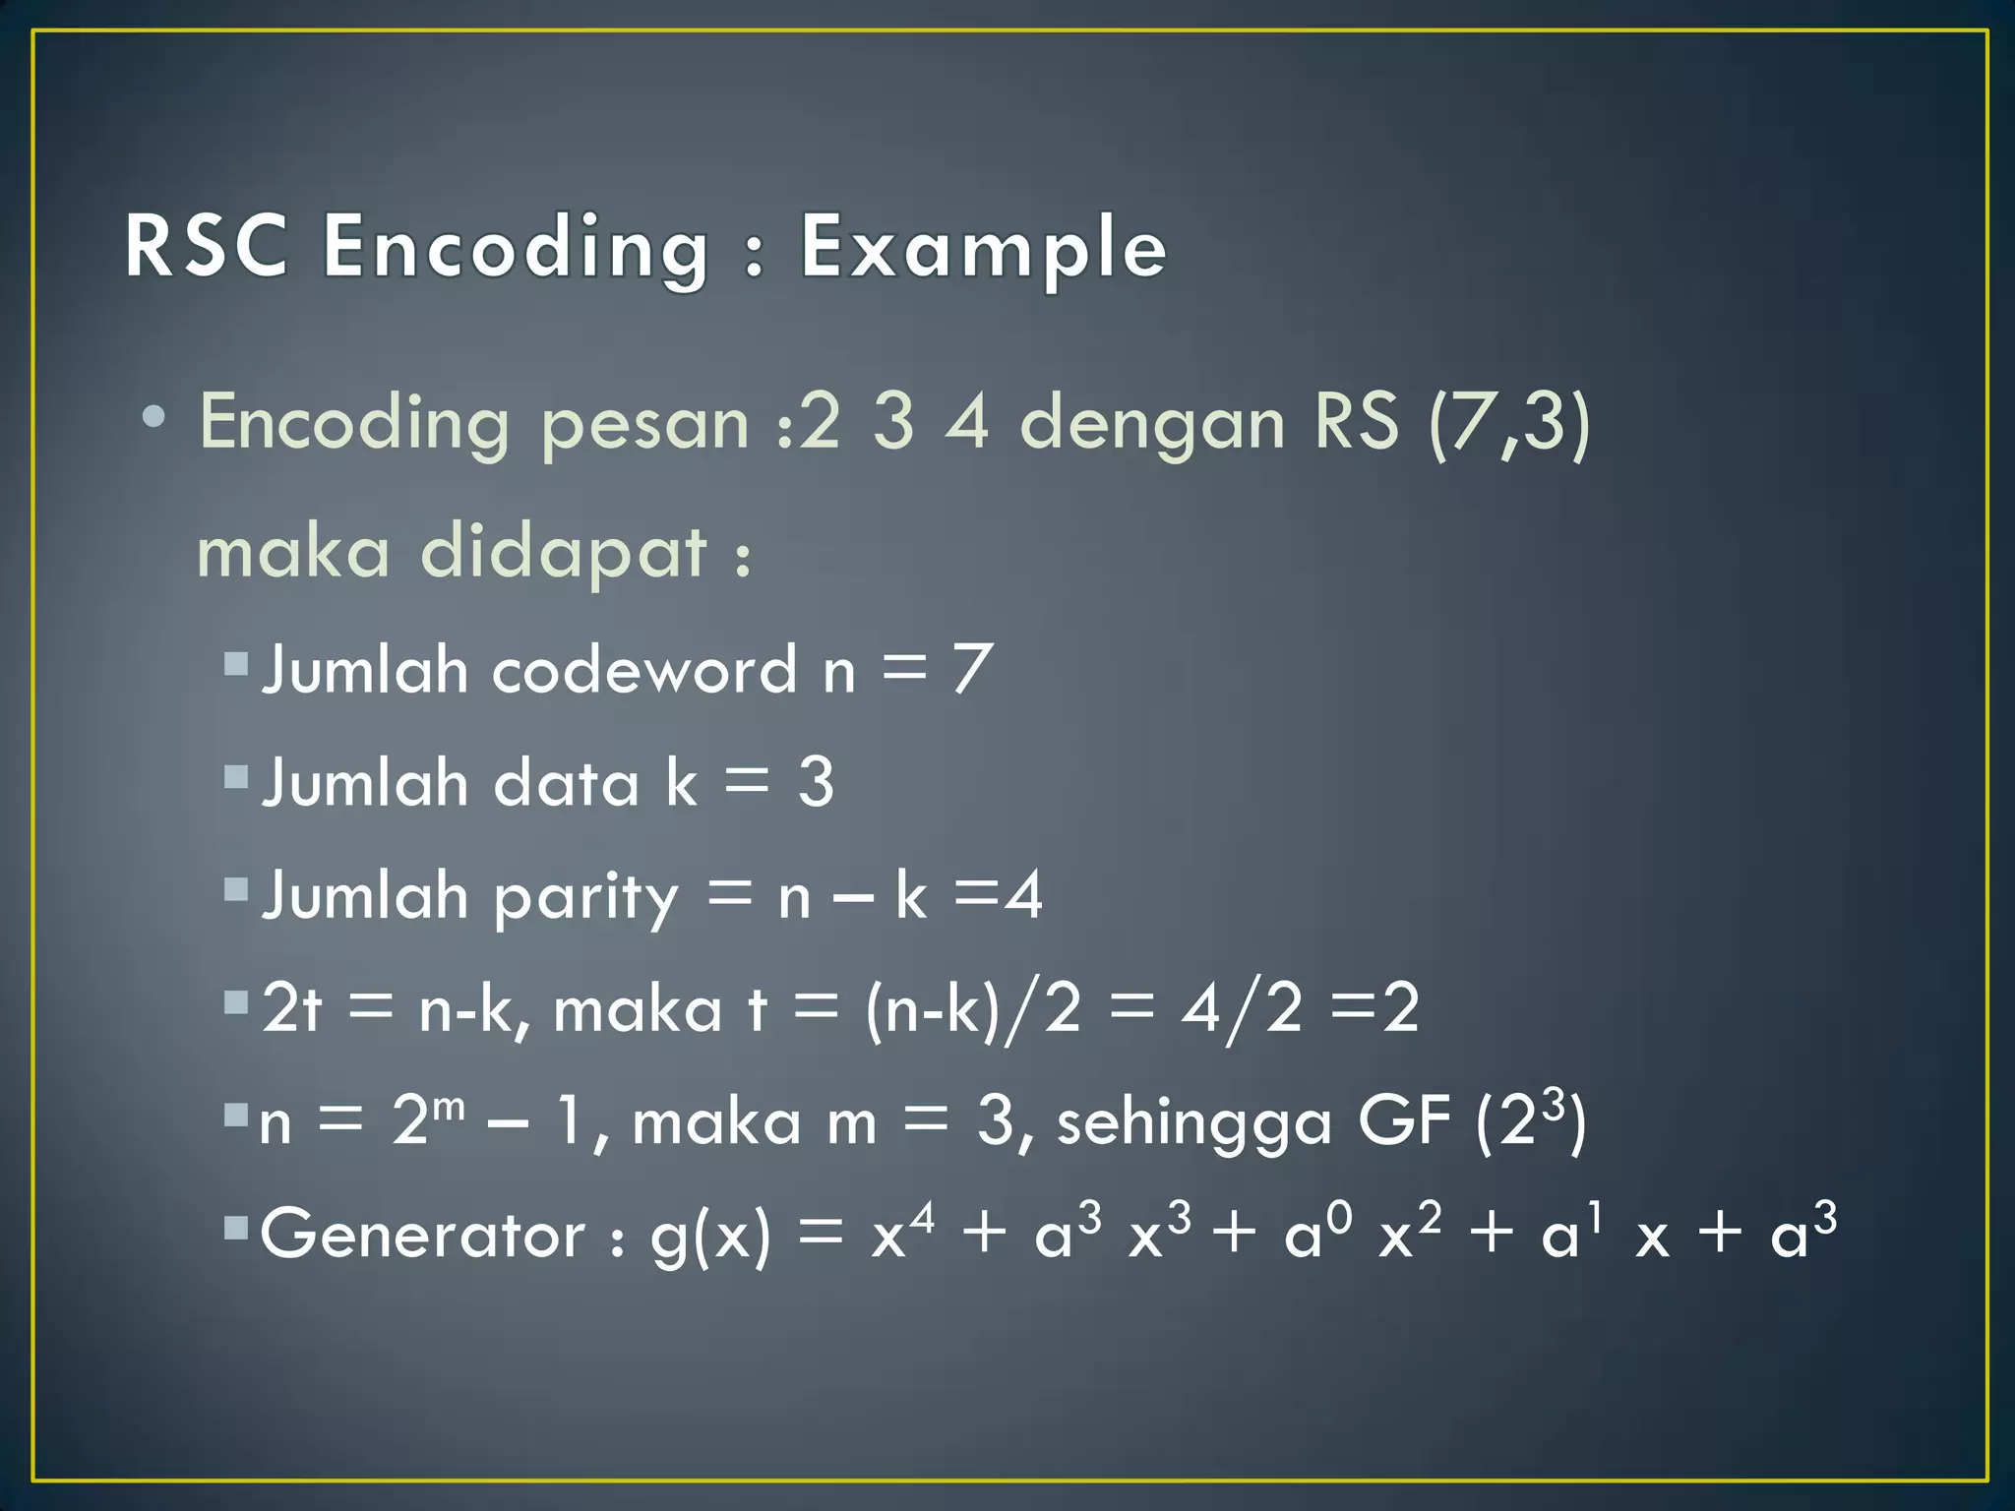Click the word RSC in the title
click(x=207, y=247)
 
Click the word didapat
click(x=563, y=554)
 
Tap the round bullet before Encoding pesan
click(x=153, y=418)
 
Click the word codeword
click(x=643, y=670)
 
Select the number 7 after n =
click(x=970, y=670)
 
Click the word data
click(x=566, y=784)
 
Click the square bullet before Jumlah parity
click(x=235, y=891)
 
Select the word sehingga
click(x=1193, y=1124)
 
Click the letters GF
click(x=1403, y=1120)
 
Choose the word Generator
click(x=423, y=1235)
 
